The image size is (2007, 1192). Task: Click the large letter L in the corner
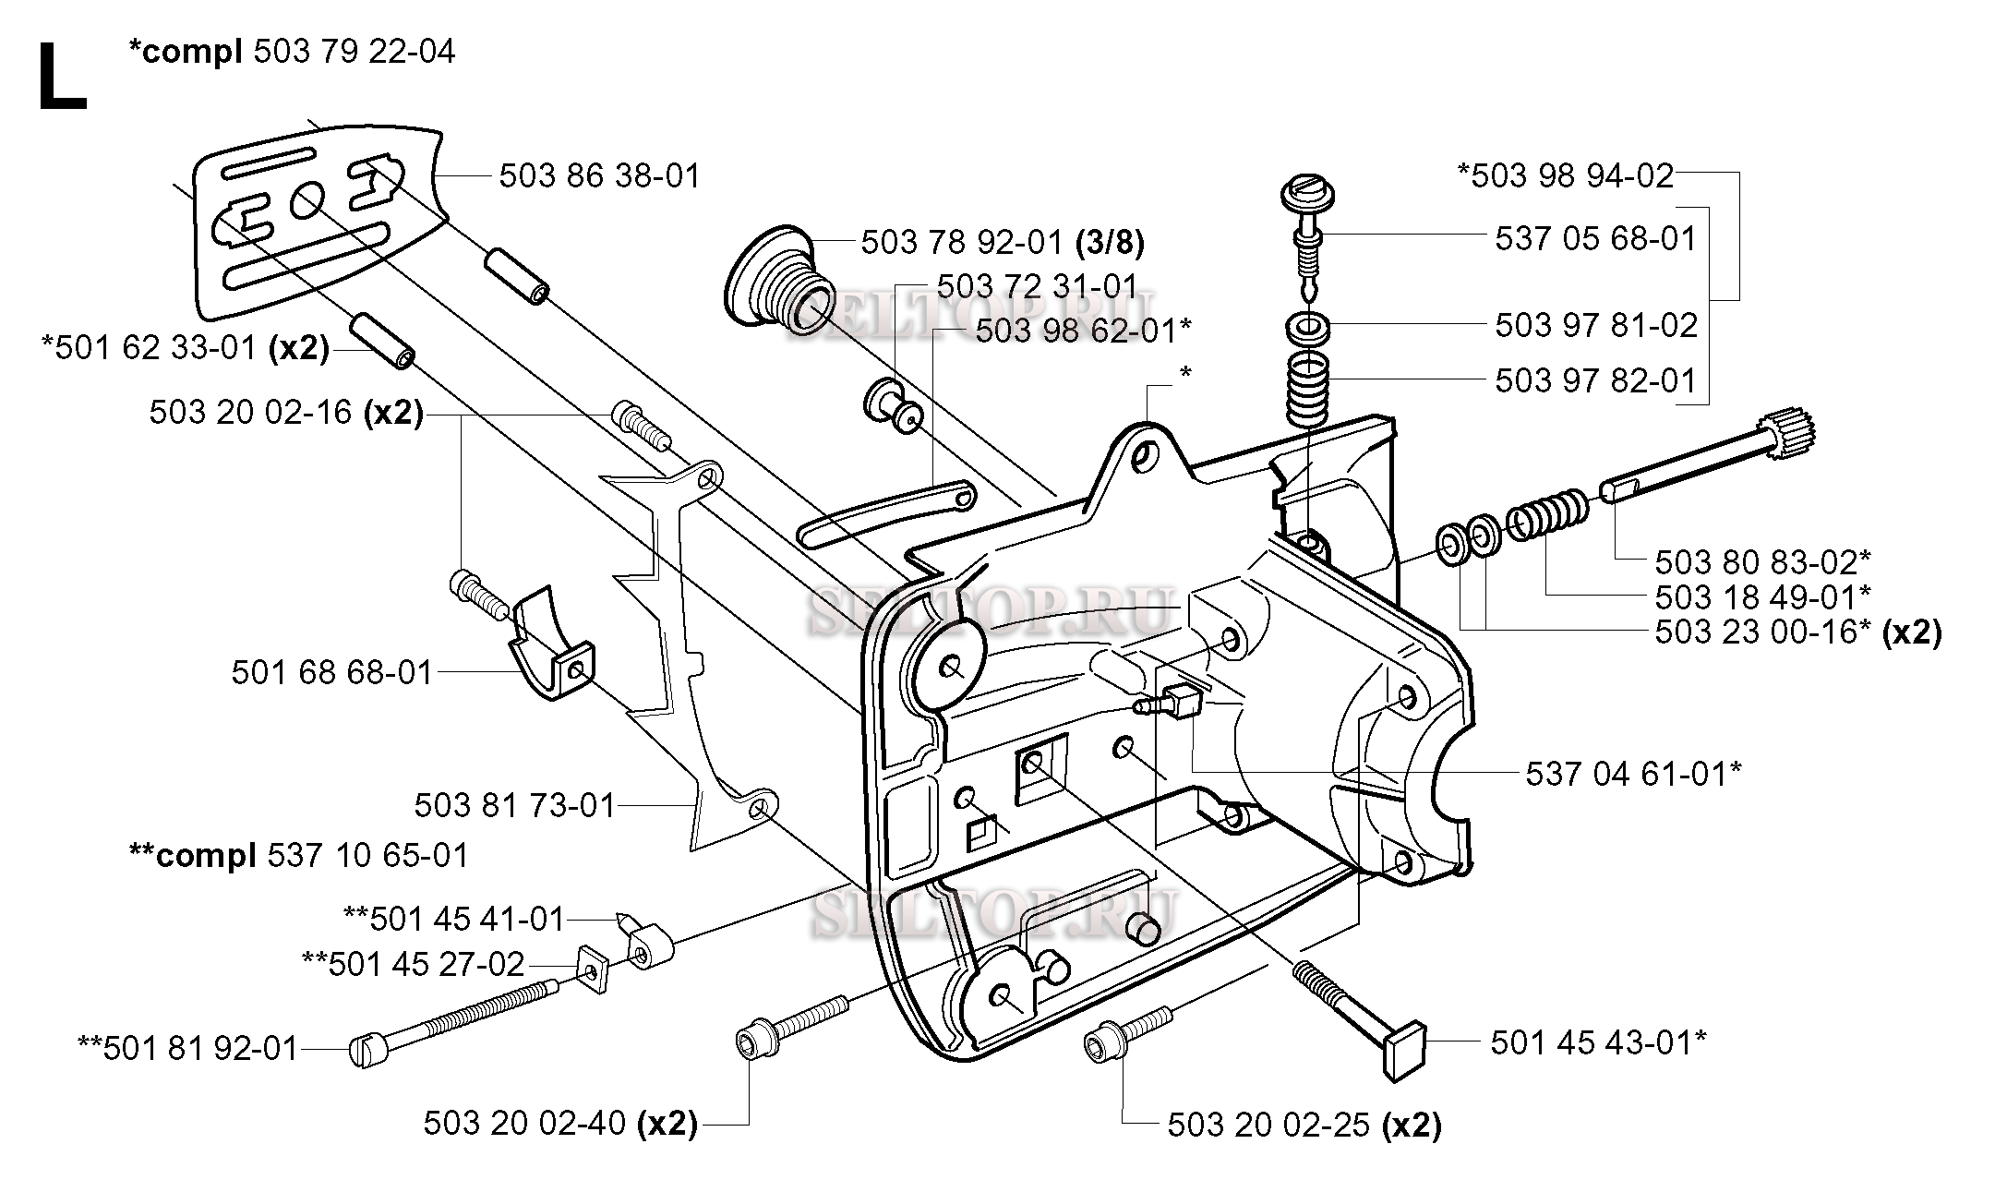pos(63,78)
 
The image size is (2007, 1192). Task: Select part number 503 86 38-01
pos(600,175)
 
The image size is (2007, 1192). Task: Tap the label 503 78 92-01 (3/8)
pos(1003,243)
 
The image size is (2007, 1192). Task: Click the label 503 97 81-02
pos(1596,325)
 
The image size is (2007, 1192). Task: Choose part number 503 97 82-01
pos(1596,380)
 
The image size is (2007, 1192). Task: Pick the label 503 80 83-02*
pos(1762,561)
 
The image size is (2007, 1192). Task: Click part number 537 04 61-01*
pos(1633,774)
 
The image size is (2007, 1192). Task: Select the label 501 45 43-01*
pos(1598,1043)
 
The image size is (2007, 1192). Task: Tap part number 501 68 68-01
pos(332,672)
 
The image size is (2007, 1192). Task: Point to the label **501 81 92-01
pos(188,1049)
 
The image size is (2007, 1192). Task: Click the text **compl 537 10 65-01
pos(299,855)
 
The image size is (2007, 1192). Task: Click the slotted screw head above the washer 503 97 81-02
pos(1304,197)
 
